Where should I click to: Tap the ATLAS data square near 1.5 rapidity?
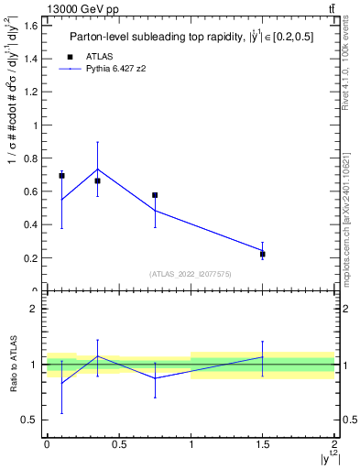click(263, 254)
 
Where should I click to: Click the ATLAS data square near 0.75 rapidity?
click(155, 195)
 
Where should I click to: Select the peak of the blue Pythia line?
click(97, 169)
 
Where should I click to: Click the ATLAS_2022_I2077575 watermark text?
click(191, 274)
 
